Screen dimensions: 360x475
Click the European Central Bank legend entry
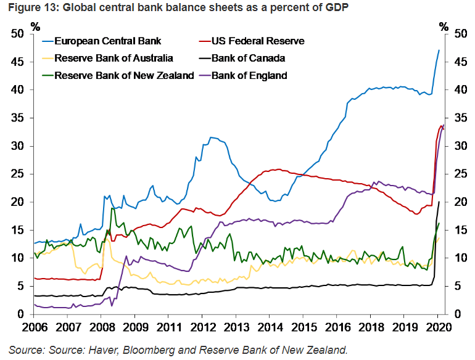tap(107, 41)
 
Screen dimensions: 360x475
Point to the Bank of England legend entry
tap(249, 76)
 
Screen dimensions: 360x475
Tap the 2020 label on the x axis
tap(437, 327)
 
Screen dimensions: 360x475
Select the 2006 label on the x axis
tap(36, 327)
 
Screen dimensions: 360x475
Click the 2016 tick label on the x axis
tap(337, 327)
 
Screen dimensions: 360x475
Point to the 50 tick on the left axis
tap(18, 34)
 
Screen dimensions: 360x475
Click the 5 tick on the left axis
tap(21, 287)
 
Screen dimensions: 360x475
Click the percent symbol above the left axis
tap(35, 26)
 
